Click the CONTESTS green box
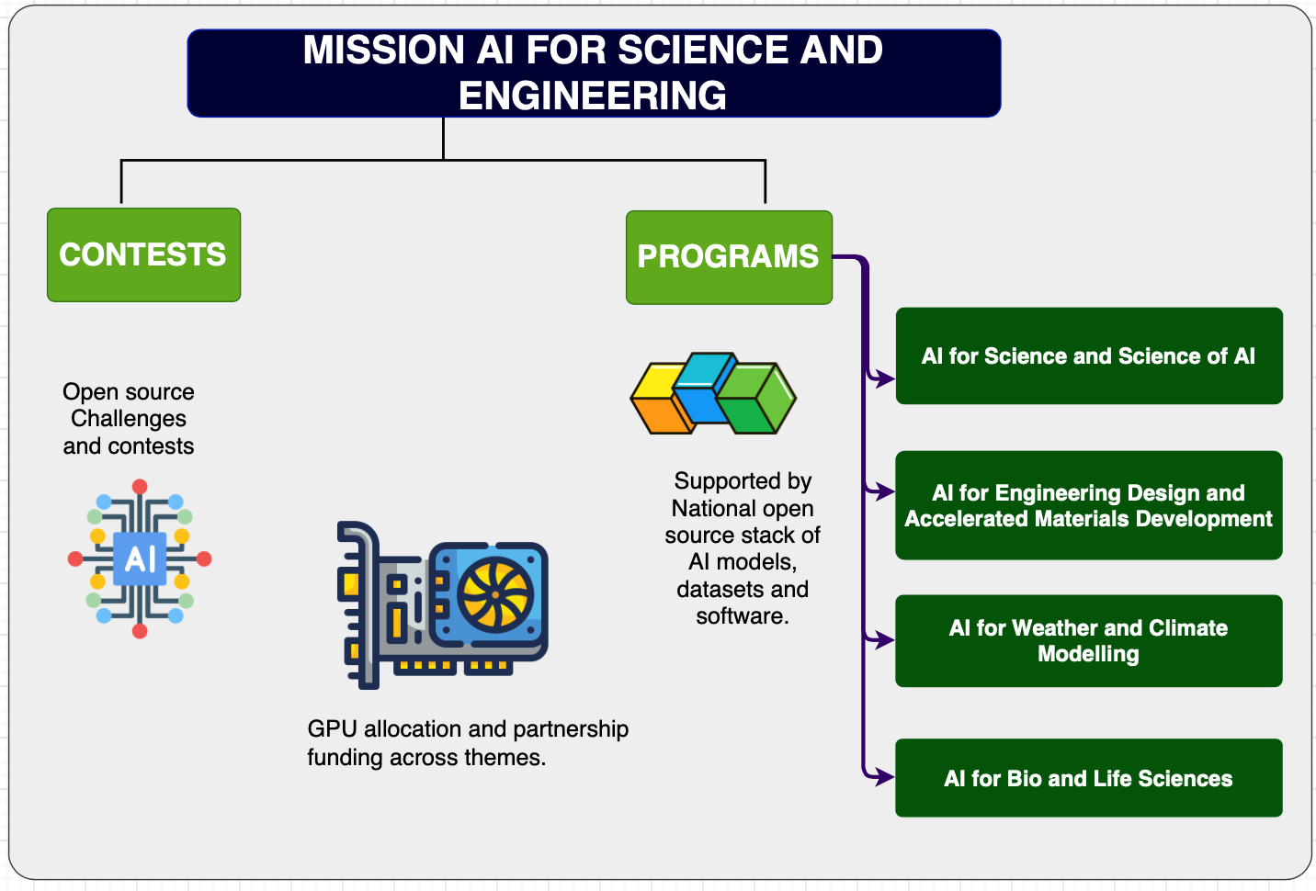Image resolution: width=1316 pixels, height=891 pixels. (x=143, y=254)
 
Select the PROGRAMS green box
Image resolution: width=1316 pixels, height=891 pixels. (x=728, y=257)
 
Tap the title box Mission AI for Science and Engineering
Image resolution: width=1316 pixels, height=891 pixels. (x=594, y=73)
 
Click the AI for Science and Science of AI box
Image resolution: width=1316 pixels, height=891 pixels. (x=1088, y=356)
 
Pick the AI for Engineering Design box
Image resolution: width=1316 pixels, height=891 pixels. (x=1088, y=505)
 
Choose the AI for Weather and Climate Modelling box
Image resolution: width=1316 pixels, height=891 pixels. (x=1088, y=641)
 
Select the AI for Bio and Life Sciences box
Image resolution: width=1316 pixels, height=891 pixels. (x=1088, y=778)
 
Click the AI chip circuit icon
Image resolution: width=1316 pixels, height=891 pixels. (x=140, y=558)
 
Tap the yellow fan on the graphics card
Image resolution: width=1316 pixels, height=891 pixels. (x=495, y=592)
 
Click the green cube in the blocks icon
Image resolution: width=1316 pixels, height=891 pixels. (x=758, y=399)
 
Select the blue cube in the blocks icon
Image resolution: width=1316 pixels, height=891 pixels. (x=702, y=388)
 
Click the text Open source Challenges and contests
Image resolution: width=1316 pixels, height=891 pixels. (x=129, y=419)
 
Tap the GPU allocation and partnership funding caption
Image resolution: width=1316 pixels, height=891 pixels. (x=468, y=743)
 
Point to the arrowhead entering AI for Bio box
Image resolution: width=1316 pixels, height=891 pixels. (x=885, y=777)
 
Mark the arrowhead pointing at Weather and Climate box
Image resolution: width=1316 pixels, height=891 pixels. (x=885, y=640)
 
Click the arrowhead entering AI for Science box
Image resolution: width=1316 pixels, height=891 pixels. (x=885, y=378)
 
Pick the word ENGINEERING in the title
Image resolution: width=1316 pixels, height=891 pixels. (x=593, y=96)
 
